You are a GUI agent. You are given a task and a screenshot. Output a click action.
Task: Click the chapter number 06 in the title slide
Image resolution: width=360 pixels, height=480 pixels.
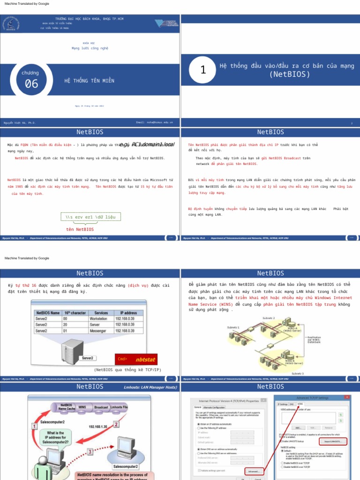point(31,83)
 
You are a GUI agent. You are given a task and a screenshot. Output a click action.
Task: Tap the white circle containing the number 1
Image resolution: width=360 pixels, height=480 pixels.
point(203,70)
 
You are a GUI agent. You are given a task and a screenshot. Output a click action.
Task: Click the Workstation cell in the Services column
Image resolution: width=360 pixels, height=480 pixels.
point(98,318)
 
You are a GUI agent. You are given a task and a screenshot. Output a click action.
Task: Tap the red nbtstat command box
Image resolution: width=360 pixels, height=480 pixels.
point(136,360)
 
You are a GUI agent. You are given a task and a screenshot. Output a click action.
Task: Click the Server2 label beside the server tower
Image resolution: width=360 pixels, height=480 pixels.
point(87,358)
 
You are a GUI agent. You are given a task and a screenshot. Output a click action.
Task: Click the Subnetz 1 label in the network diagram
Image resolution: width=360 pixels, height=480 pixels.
point(233,327)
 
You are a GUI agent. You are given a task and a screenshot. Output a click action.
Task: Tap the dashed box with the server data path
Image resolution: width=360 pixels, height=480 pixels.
point(90,217)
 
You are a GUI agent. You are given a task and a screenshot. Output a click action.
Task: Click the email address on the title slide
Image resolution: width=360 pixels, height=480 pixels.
point(154,122)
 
